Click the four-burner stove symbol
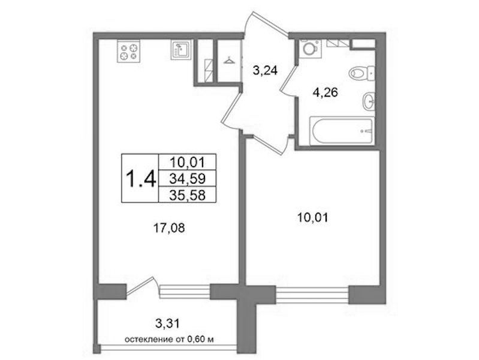point(129,51)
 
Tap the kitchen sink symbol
point(181,50)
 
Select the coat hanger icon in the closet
point(228,61)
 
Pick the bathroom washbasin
point(369,100)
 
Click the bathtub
point(342,131)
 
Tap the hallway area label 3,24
point(264,71)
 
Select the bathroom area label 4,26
point(325,92)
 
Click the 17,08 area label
point(169,227)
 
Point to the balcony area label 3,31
point(167,323)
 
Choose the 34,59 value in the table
point(187,178)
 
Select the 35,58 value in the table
point(187,195)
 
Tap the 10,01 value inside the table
point(187,162)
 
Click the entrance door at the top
point(266,24)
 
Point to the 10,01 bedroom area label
point(312,218)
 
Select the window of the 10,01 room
point(312,295)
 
